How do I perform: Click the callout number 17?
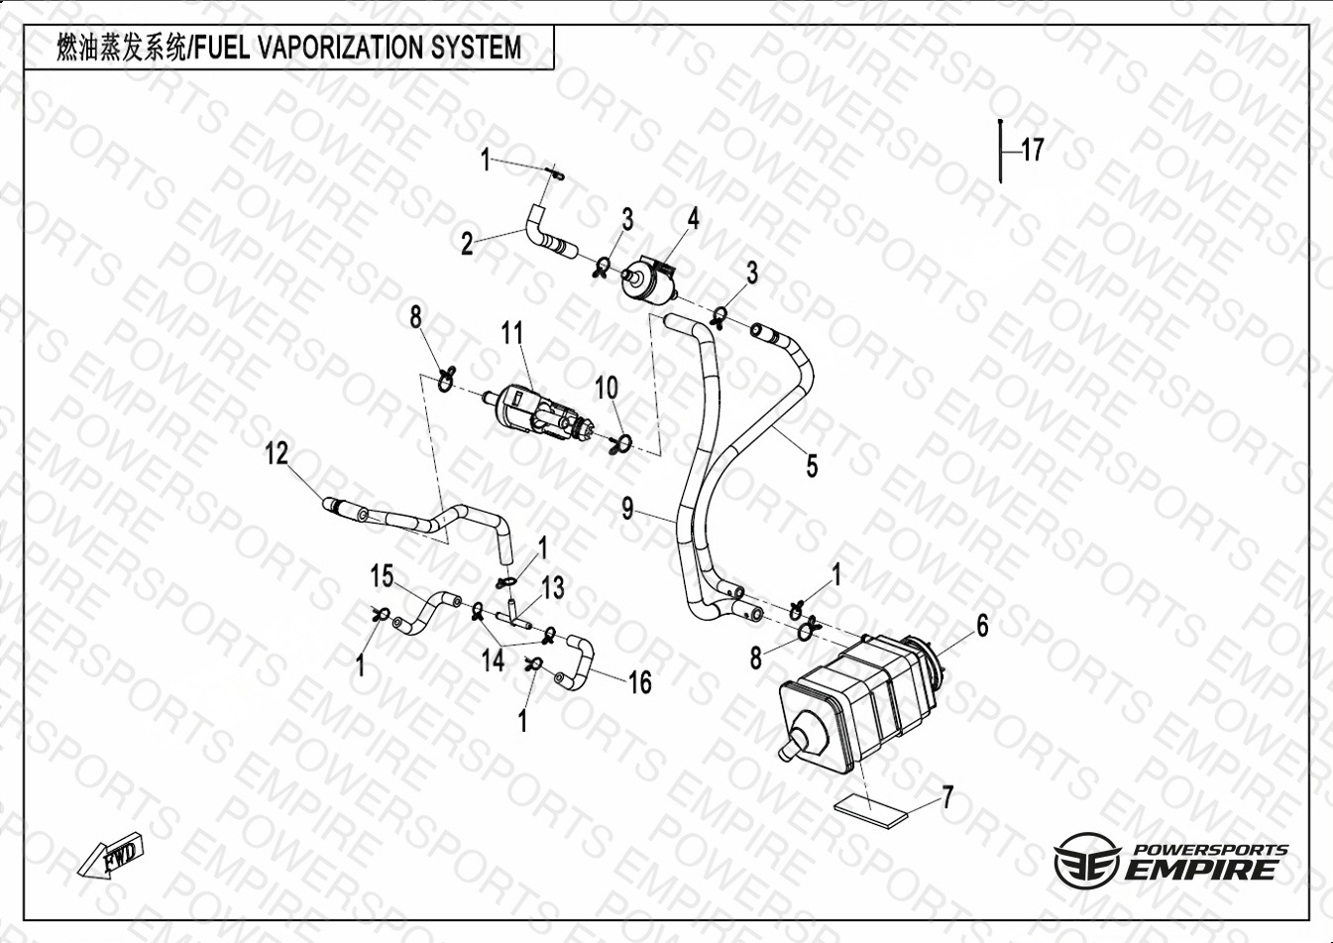(1033, 150)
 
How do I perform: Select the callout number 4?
(693, 219)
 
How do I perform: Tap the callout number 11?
(512, 333)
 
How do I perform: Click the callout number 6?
(982, 625)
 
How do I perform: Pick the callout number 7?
(947, 797)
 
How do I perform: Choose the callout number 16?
(640, 682)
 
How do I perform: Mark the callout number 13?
(553, 588)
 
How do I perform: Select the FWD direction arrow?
(111, 855)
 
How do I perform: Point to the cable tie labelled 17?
(1001, 151)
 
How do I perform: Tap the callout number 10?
(607, 388)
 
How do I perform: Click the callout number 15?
(382, 576)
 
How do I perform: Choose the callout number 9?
(627, 509)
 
